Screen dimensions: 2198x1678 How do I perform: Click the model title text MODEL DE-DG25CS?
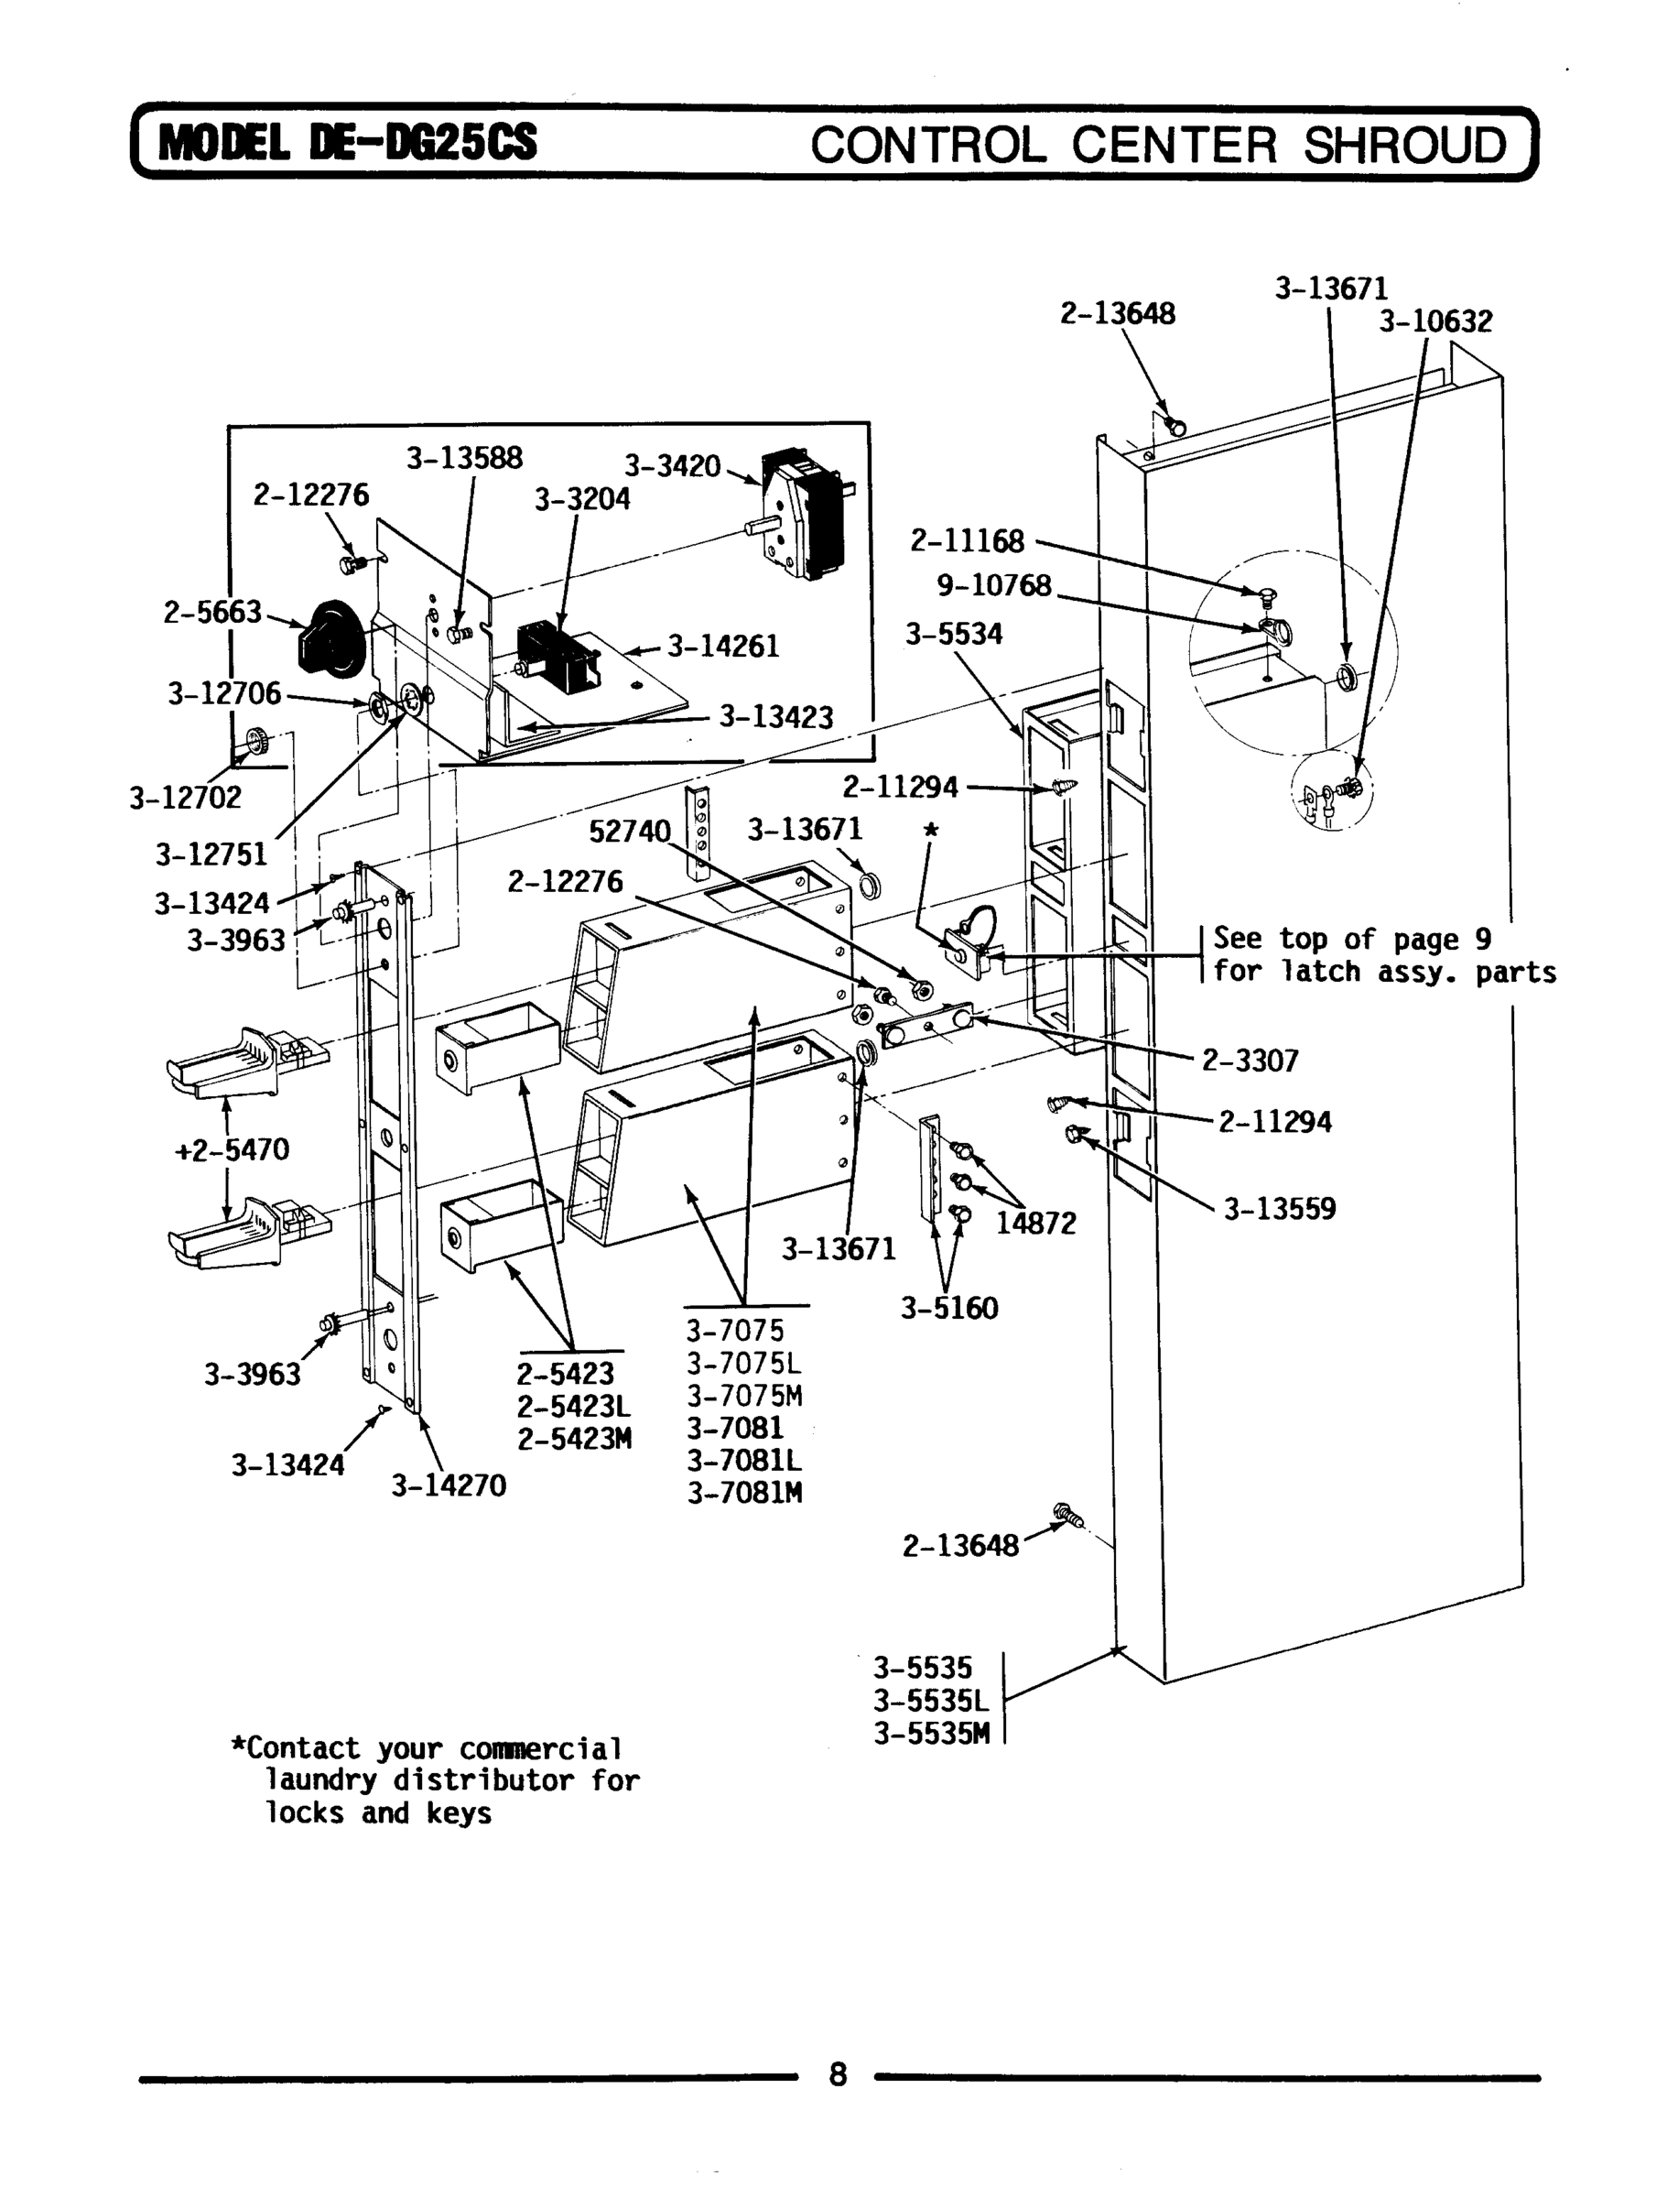tap(348, 143)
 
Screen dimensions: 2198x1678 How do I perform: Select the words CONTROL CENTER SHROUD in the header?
tap(1158, 145)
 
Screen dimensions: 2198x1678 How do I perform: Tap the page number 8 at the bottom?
tap(837, 2075)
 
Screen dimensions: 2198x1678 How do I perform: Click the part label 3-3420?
tap(672, 465)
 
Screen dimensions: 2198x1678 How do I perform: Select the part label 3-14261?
tap(723, 647)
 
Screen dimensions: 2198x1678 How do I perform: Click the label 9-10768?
tap(994, 585)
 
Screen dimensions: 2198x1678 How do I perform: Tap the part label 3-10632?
tap(1435, 321)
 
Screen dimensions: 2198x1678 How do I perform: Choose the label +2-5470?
tap(232, 1150)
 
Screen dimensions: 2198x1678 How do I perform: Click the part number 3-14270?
tap(449, 1486)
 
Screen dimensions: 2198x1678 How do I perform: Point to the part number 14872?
tap(1037, 1224)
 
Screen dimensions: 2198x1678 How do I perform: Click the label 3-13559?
tap(1280, 1209)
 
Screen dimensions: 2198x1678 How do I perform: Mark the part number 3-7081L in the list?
tap(744, 1461)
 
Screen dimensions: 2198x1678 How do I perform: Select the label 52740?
tap(629, 832)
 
